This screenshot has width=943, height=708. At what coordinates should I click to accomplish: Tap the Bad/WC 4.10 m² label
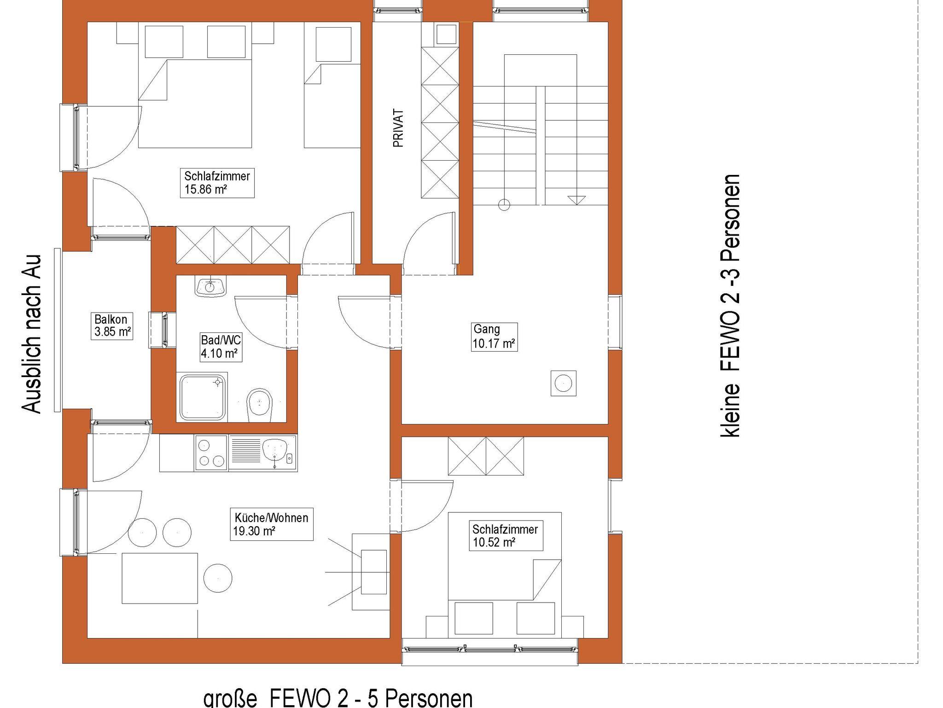point(221,347)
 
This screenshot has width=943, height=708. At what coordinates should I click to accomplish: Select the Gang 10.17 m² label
point(494,337)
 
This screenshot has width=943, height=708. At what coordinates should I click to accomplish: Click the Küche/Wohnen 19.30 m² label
point(271,524)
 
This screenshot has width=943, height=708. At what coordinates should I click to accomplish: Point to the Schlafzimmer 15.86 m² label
point(217,183)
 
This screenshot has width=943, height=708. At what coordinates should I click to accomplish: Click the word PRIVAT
point(398,128)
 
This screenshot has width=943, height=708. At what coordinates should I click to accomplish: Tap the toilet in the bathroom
point(260,405)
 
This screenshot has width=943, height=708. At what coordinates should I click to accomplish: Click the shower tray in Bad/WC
point(203,398)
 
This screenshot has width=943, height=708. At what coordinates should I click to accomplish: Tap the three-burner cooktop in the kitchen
point(211,453)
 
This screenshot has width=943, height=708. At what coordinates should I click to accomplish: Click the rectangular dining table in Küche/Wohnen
point(160,578)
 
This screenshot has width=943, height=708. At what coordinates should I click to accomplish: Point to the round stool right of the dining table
point(218,578)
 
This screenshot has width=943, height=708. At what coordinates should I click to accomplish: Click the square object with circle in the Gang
point(564,383)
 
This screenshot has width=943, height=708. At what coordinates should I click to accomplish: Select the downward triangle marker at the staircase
point(576,200)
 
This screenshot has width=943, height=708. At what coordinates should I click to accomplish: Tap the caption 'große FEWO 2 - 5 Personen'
point(338,698)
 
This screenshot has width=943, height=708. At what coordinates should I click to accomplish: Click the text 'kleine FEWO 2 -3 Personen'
point(730,305)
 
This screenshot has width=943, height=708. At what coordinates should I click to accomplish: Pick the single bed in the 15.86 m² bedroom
point(332,106)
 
